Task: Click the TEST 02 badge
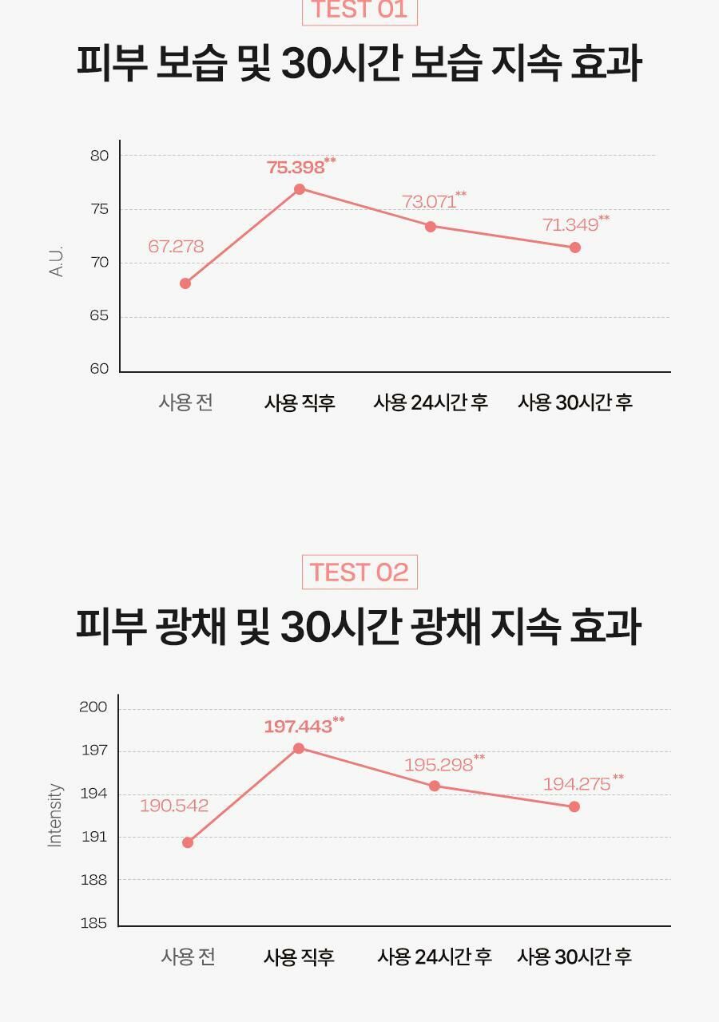pos(359,572)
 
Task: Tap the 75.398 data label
pos(296,167)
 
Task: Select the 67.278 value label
pos(176,247)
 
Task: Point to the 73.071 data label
pos(430,201)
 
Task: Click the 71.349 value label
pos(570,224)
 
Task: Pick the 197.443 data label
pos(298,727)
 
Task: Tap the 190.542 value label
pos(174,806)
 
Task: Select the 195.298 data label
pos(439,765)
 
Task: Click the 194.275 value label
pos(577,784)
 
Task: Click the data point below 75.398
pos(300,189)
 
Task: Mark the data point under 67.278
pos(185,283)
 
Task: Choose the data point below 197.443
pos(299,748)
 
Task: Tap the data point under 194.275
pos(574,806)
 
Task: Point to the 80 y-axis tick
pos(99,156)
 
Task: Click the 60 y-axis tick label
pos(99,369)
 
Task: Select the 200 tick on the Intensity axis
pos(93,707)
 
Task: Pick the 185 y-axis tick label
pos(93,923)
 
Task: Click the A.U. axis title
pos(56,262)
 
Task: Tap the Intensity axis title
pos(54,814)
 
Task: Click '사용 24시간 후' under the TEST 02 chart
pos(434,957)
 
